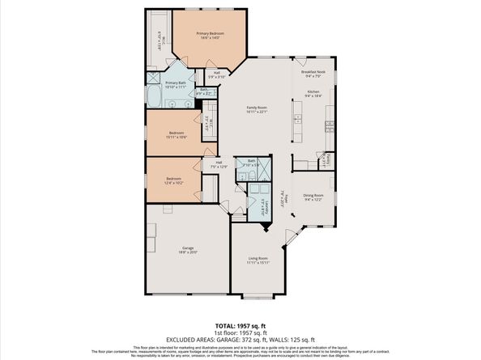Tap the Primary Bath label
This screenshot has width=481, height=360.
pyautogui.click(x=176, y=84)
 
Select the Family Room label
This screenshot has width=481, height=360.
pyautogui.click(x=257, y=109)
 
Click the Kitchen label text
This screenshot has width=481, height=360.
pyautogui.click(x=313, y=93)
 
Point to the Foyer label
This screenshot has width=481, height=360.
pyautogui.click(x=282, y=197)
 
